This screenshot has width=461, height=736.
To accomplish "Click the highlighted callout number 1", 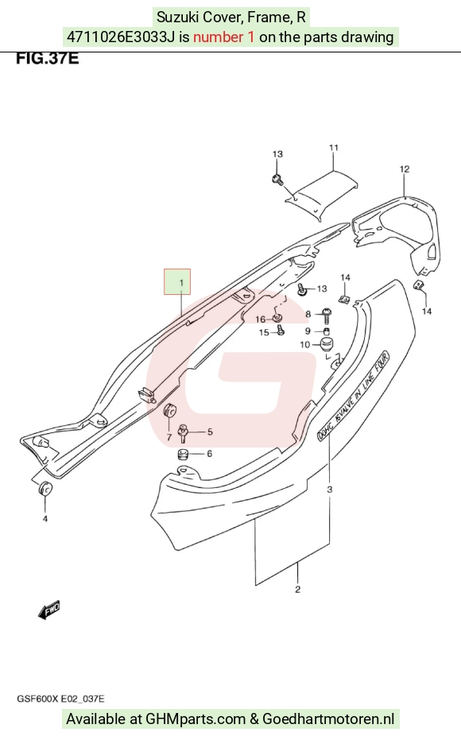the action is click(181, 283).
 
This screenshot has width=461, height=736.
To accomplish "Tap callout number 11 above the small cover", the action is click(333, 148).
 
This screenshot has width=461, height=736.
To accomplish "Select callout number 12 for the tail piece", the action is click(405, 169).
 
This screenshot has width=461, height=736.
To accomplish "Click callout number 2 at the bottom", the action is click(297, 590).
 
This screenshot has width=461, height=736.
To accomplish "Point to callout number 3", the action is click(330, 490).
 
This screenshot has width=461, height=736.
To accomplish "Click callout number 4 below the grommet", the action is click(45, 519).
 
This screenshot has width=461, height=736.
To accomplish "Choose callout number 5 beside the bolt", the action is click(210, 432).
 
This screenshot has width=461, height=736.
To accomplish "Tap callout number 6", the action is click(209, 453).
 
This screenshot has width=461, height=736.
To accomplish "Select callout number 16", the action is click(261, 320).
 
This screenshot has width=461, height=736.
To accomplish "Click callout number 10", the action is click(305, 345).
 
